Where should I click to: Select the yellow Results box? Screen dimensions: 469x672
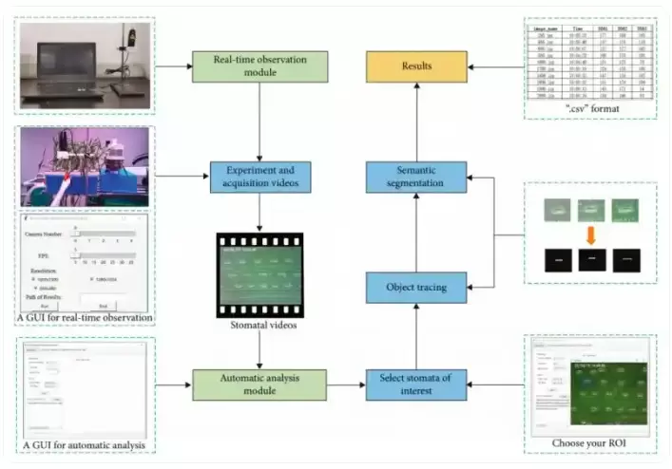pos(416,66)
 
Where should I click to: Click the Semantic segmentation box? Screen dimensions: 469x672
pos(416,177)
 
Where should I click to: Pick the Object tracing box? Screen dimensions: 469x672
pos(416,286)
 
